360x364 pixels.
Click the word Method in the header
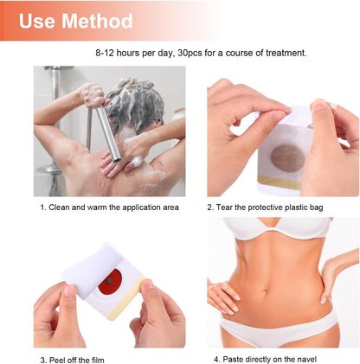tap(97, 21)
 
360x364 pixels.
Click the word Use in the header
tap(37, 21)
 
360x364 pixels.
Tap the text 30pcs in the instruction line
tap(190, 54)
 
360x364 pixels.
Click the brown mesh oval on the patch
tap(287, 158)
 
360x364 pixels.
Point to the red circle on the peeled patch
tap(110, 282)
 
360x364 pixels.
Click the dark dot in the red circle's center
tap(109, 280)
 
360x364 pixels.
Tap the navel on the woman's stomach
tap(266, 291)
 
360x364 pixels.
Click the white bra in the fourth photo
tap(277, 227)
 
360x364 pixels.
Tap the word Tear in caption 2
tap(224, 208)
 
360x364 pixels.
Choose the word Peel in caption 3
tap(57, 361)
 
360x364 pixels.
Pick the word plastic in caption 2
tap(295, 208)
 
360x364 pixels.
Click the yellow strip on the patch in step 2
tap(280, 182)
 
